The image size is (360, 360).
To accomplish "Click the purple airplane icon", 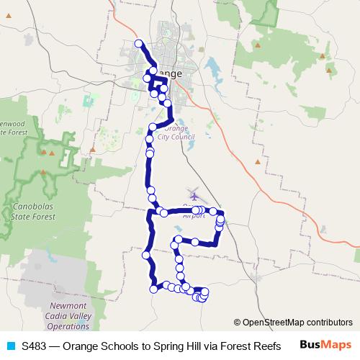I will (194, 194).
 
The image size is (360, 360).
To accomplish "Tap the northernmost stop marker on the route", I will (139, 44).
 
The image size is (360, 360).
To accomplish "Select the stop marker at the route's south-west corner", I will (153, 289).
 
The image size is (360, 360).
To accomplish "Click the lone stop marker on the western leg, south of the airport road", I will (146, 254).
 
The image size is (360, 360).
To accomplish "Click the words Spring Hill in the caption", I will (183, 346).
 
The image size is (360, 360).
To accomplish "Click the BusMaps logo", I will (325, 345).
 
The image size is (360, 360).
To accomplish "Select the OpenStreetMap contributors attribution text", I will (297, 322).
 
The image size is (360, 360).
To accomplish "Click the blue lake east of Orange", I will (213, 70).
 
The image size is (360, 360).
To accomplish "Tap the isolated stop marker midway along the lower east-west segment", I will (195, 241).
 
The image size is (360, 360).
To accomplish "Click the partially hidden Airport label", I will (194, 215).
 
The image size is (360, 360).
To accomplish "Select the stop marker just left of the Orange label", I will (148, 77).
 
